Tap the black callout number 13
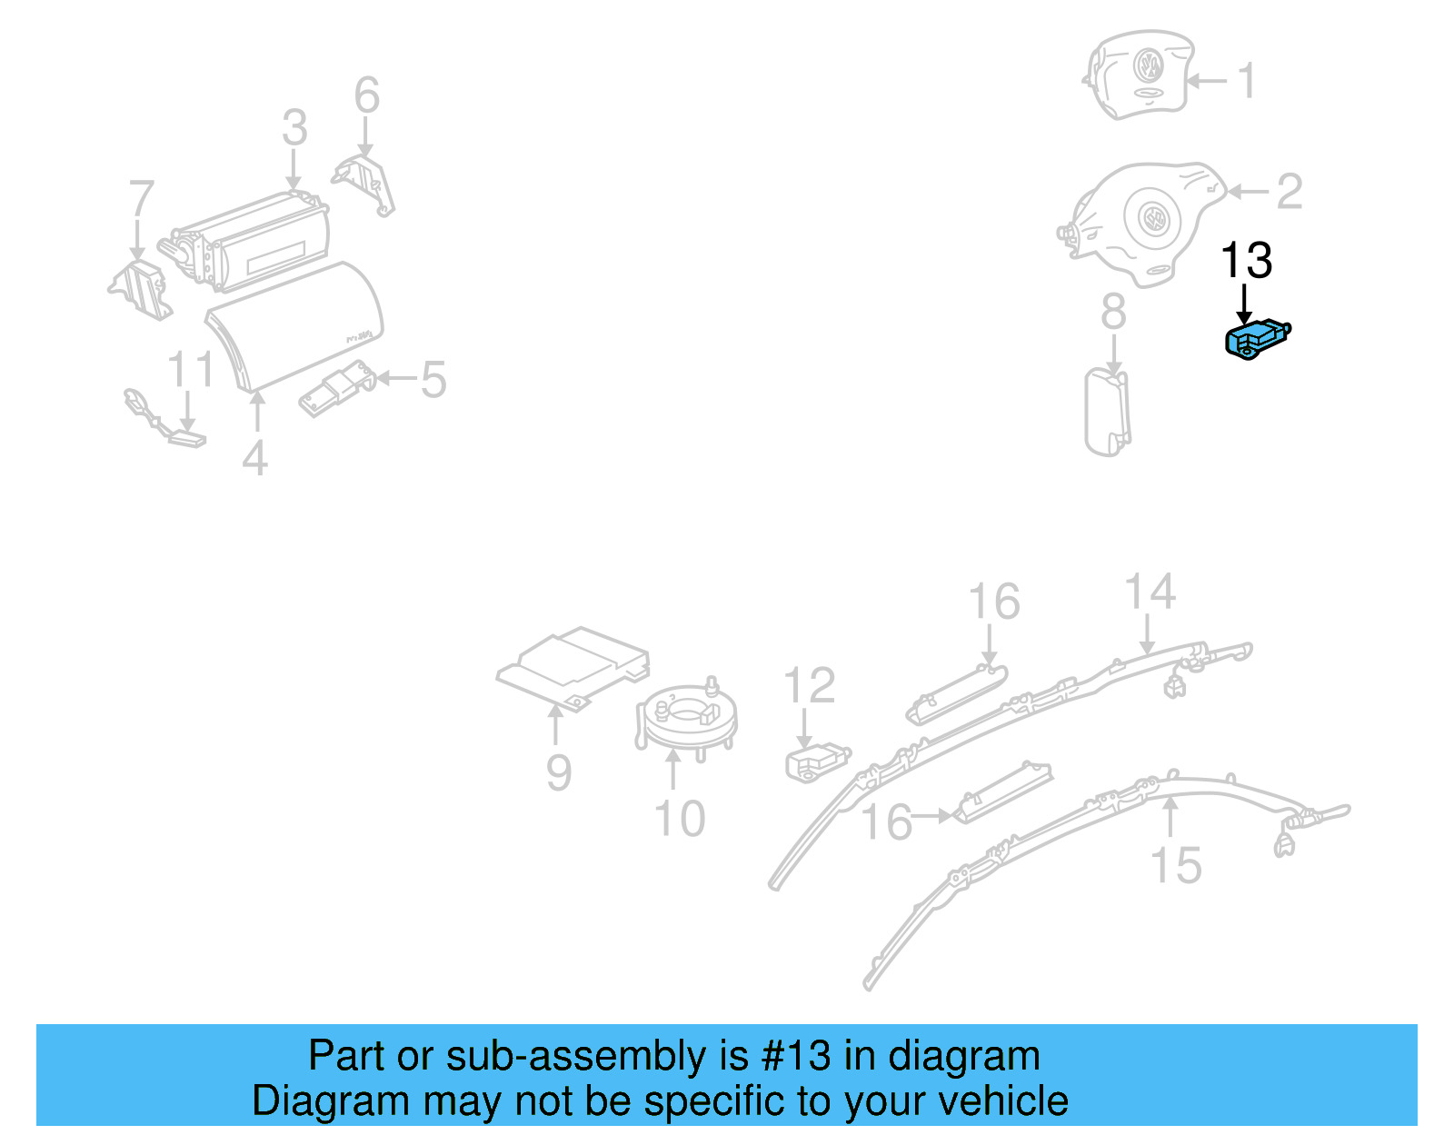[1246, 262]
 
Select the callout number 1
[1248, 81]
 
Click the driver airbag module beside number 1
[1140, 75]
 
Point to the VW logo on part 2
[1152, 218]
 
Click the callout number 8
[1113, 313]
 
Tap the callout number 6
[366, 95]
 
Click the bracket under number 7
[141, 289]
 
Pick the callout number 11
[191, 370]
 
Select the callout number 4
[255, 458]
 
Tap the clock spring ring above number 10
[686, 718]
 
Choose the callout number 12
[809, 686]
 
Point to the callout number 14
[1150, 592]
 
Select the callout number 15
[1176, 865]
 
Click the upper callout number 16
[993, 602]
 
